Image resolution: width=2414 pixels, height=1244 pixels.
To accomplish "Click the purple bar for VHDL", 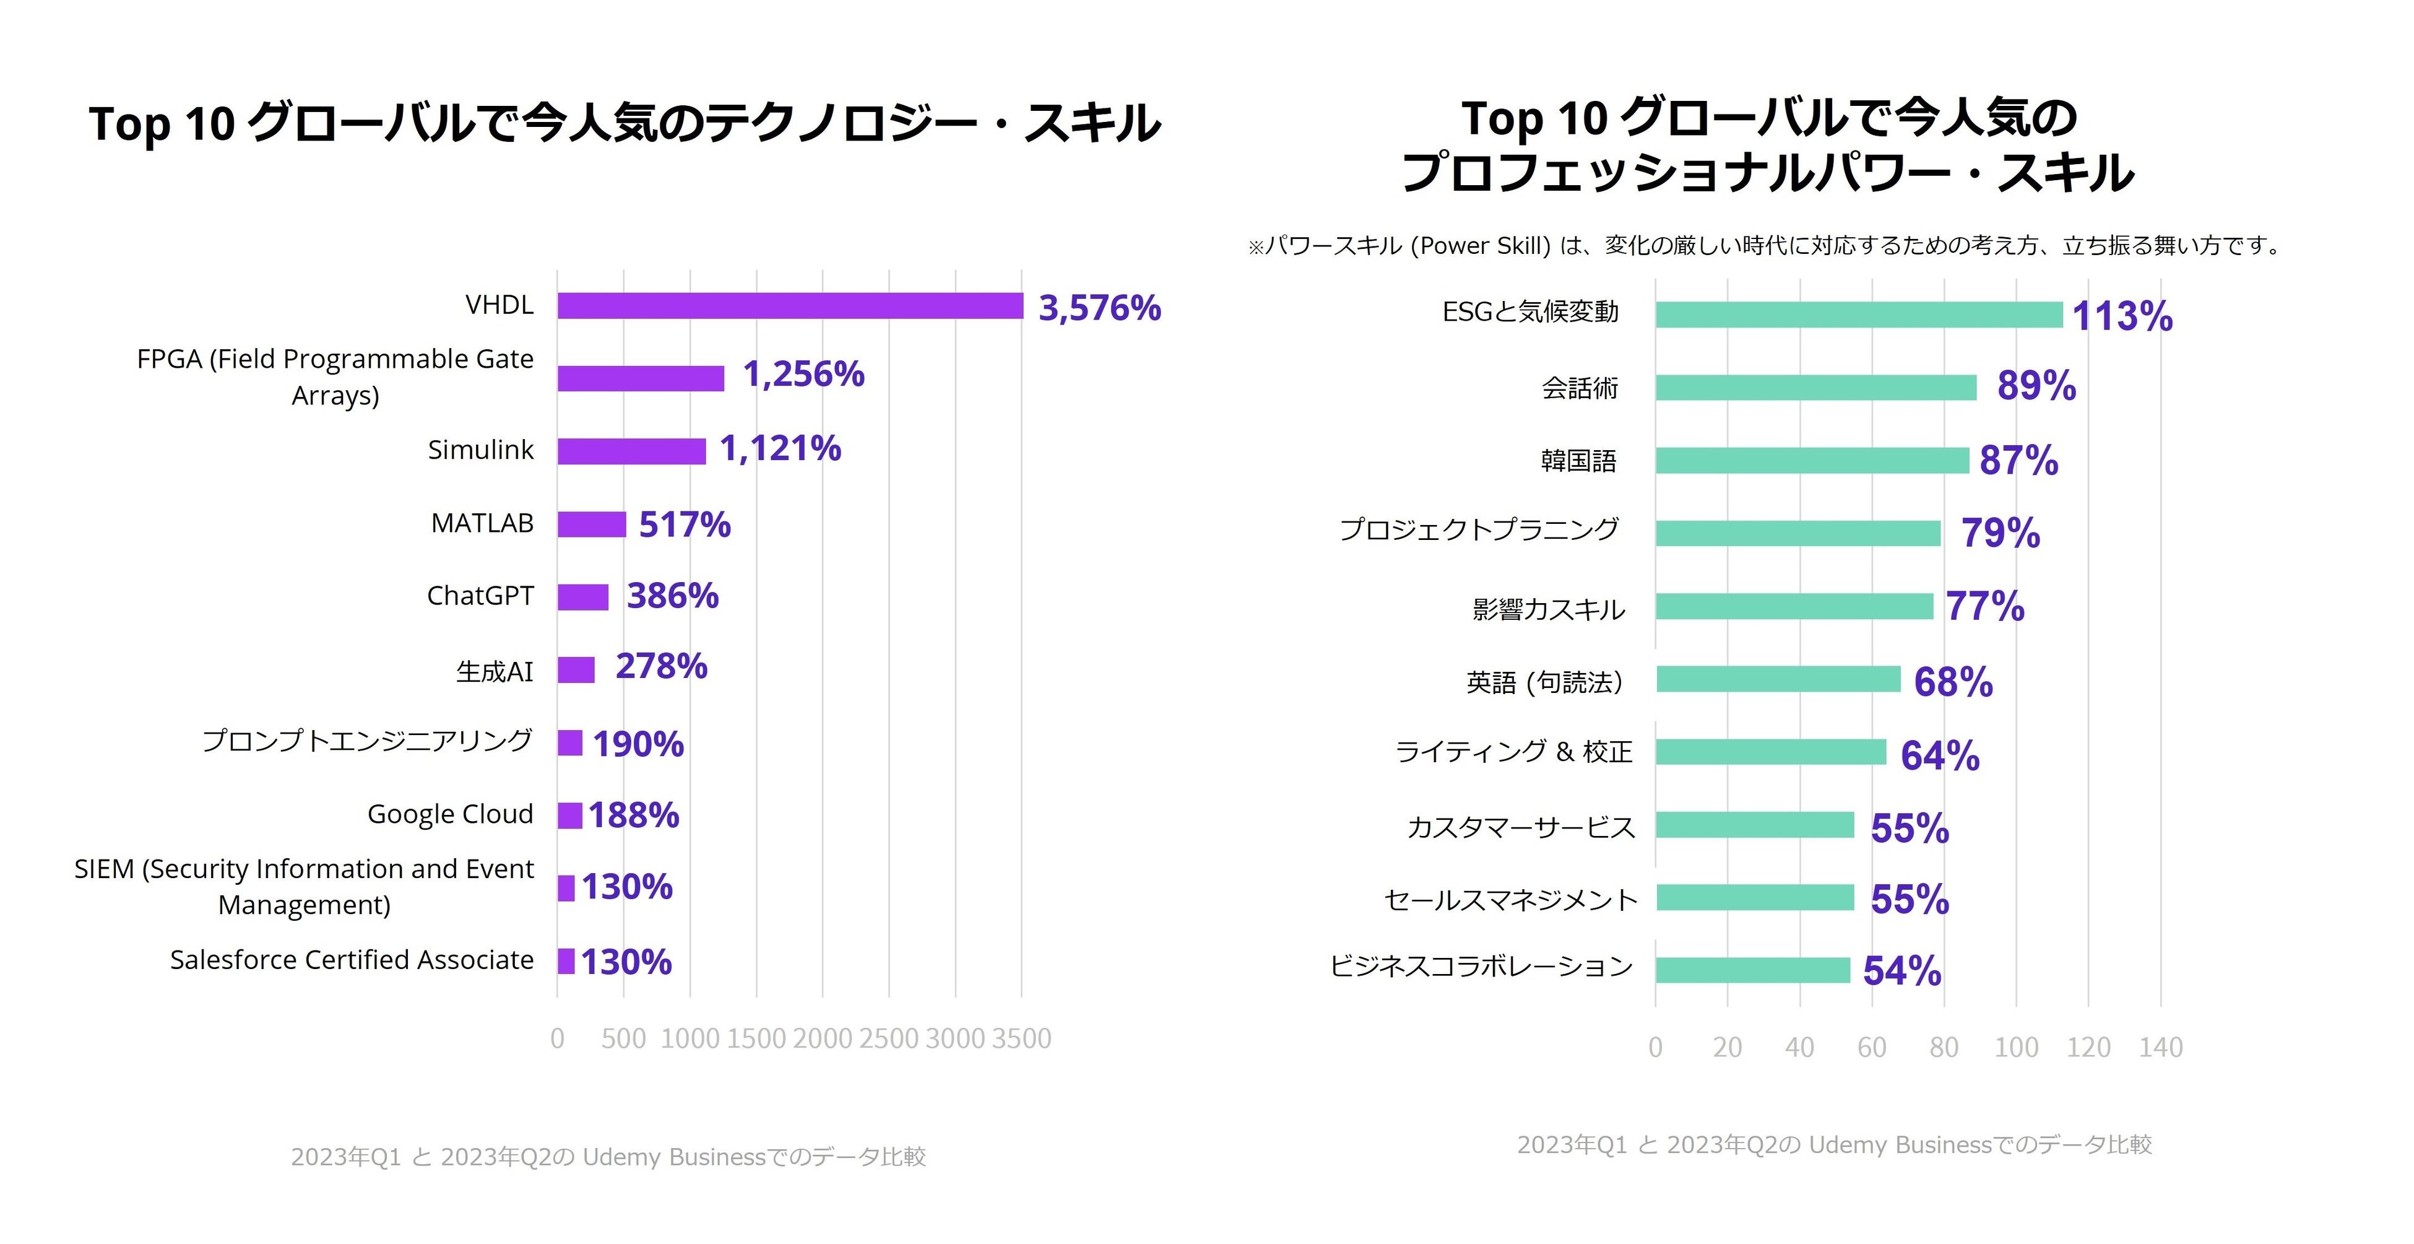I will tap(790, 306).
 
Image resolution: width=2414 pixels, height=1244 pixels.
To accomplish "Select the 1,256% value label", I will tap(803, 374).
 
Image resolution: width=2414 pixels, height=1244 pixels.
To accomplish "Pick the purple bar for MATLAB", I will tap(591, 524).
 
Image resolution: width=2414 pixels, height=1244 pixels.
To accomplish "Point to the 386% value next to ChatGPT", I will tap(672, 595).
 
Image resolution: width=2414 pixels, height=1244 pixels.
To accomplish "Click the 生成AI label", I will tap(494, 671).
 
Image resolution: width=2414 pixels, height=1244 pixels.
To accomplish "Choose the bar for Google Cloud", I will tap(569, 816).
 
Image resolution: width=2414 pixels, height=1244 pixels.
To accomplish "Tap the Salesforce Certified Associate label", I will tap(352, 960).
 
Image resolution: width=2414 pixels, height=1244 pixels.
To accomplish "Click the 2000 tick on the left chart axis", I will tap(823, 1038).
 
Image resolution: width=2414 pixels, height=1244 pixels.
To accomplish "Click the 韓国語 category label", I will tap(1579, 460).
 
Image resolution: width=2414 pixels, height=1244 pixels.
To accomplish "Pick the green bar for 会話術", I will tap(1815, 387).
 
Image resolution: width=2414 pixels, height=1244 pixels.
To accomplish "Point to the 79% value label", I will tap(2000, 533).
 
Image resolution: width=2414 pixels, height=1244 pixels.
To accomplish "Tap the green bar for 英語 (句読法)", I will tap(1778, 679).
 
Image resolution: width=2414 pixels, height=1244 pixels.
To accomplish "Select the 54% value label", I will tap(1901, 970).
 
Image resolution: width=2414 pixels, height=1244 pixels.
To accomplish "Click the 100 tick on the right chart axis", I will tap(2016, 1047).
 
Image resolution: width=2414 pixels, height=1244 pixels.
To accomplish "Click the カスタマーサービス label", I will tap(1520, 827).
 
